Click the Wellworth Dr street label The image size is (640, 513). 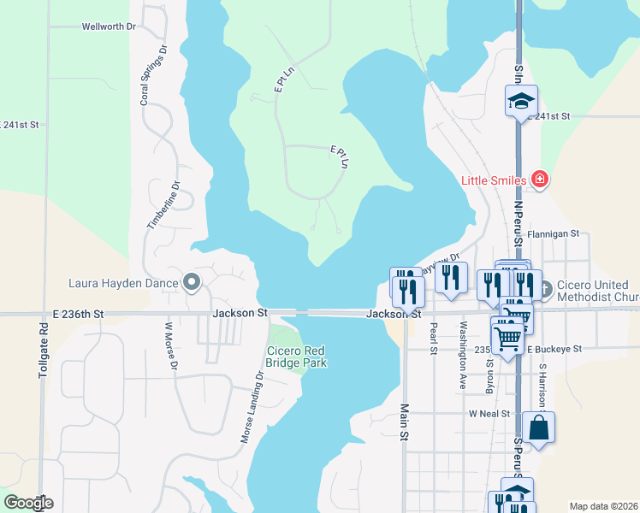[109, 27]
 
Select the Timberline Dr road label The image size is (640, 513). [163, 203]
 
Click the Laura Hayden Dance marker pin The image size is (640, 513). [192, 283]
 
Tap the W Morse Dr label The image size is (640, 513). [169, 345]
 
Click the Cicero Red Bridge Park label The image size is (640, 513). [297, 357]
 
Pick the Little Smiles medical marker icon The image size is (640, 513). [539, 180]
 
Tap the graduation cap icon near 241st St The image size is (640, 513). [520, 102]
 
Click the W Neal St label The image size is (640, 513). [489, 414]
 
